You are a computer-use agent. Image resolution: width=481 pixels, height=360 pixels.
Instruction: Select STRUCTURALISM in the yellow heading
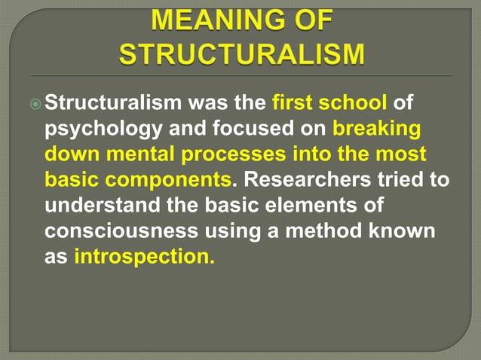(241, 54)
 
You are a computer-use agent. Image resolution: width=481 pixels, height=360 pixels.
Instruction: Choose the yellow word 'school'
(357, 101)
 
